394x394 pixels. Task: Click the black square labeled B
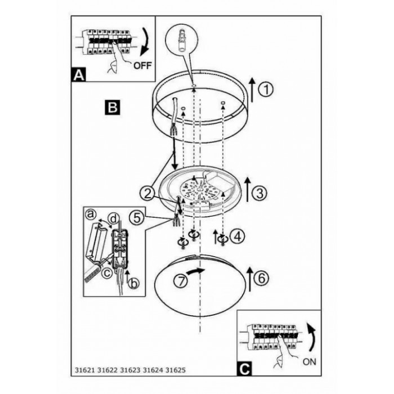(111, 106)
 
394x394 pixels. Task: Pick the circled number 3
(258, 193)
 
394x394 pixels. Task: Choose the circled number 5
(135, 216)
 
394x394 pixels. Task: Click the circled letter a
(90, 215)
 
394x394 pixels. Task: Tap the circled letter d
(114, 218)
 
